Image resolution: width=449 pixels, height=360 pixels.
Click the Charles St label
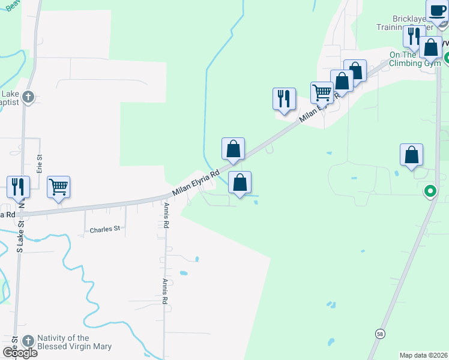point(105,229)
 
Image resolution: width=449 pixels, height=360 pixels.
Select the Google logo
point(20,353)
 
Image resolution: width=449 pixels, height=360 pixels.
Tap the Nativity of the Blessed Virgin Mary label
point(74,342)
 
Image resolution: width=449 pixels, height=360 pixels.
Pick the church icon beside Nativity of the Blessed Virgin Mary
point(28,341)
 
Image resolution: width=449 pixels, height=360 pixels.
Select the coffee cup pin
point(437,11)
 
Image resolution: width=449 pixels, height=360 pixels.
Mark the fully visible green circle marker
point(430,192)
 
